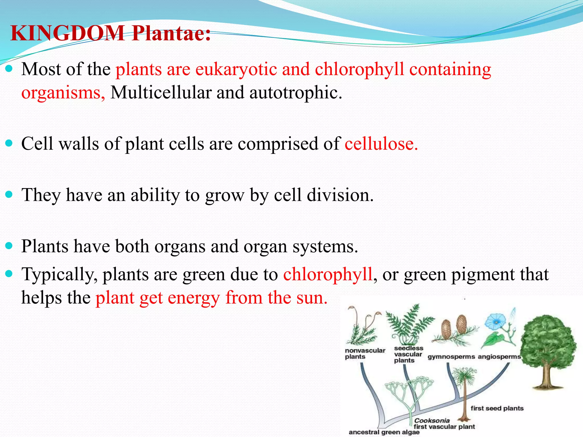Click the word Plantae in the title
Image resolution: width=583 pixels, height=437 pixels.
(x=171, y=33)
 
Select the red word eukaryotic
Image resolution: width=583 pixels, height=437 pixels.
(x=236, y=69)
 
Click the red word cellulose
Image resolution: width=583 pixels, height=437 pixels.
(x=381, y=144)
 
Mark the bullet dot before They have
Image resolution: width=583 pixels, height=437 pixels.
(x=9, y=195)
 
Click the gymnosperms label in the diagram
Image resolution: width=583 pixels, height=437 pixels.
(x=451, y=357)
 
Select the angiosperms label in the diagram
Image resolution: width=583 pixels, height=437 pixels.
(x=499, y=357)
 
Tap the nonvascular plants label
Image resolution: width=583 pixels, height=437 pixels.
(x=365, y=353)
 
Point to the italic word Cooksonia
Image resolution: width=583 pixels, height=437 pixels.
(x=432, y=420)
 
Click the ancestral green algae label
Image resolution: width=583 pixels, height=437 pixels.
(x=384, y=432)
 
